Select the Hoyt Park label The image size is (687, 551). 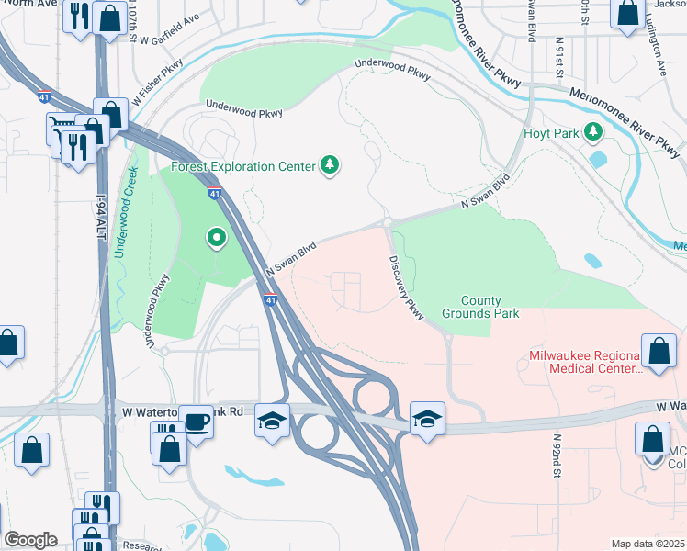(x=551, y=133)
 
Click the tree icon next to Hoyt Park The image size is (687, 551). (x=594, y=133)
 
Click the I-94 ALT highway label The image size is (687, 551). (x=102, y=210)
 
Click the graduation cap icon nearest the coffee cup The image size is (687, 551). (x=272, y=420)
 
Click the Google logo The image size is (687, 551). (x=30, y=540)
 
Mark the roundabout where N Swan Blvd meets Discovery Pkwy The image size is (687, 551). (x=387, y=222)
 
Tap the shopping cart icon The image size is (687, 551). (x=62, y=127)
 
